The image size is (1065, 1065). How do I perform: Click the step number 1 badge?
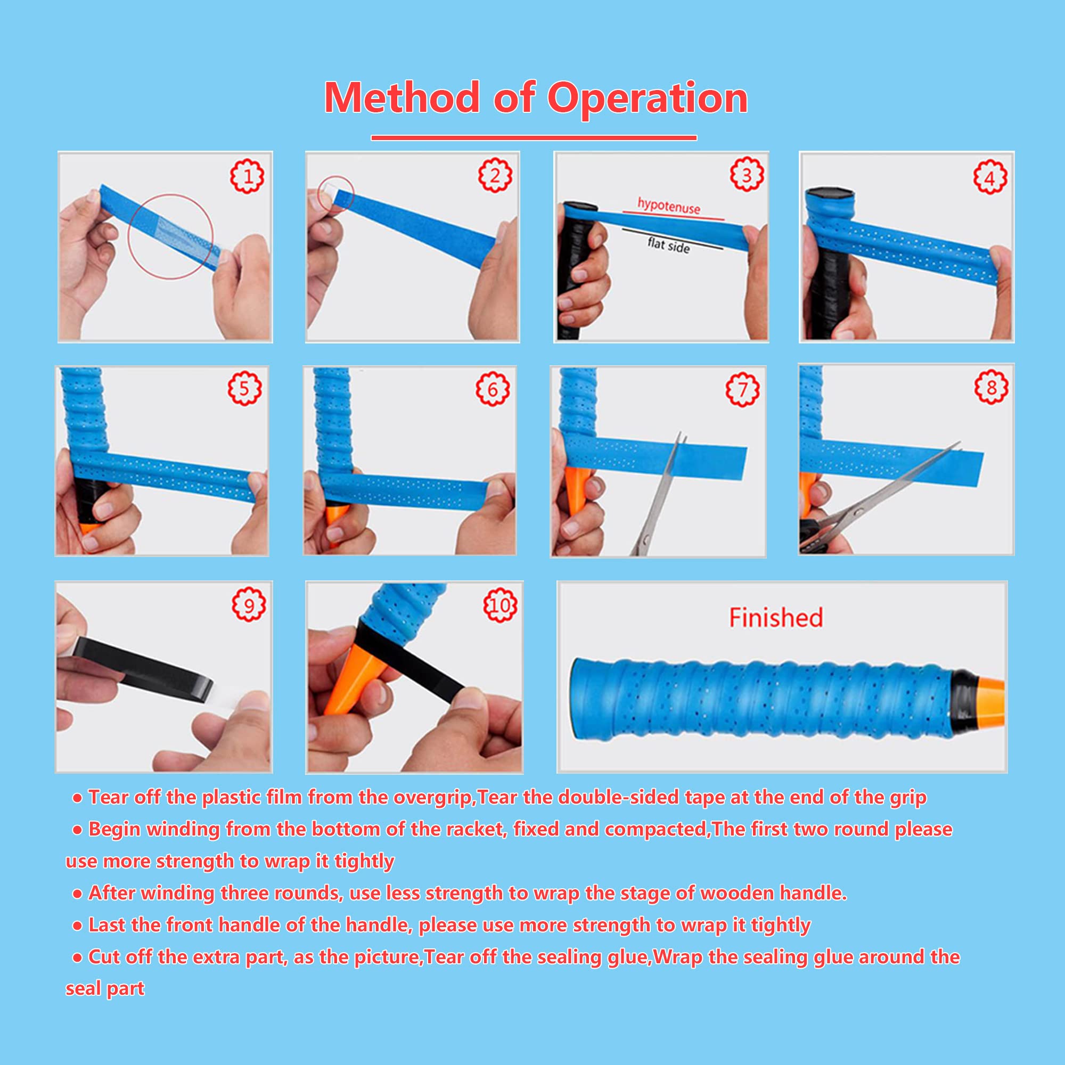[x=247, y=176]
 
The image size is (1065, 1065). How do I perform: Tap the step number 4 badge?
[x=990, y=178]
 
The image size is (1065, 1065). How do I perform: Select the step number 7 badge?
[x=742, y=390]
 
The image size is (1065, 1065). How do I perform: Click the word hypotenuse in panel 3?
[x=669, y=206]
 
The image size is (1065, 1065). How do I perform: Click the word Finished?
[x=776, y=617]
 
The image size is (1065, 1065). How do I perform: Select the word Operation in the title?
[x=646, y=98]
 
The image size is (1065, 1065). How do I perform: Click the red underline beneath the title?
[x=533, y=138]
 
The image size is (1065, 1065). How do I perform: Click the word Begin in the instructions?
[x=113, y=829]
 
